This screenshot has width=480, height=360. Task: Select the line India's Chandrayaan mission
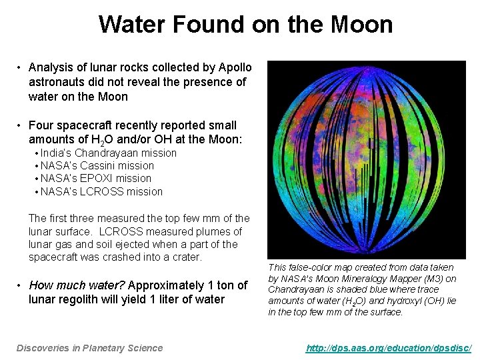(x=109, y=153)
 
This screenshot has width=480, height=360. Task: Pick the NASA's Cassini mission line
(x=97, y=165)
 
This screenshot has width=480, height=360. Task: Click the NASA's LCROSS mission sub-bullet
(x=101, y=191)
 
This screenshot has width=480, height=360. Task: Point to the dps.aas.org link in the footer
(x=389, y=347)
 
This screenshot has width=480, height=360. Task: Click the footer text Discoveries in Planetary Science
(x=89, y=347)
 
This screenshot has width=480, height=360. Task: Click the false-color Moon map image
(x=367, y=159)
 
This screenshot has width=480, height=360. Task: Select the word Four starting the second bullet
(x=41, y=125)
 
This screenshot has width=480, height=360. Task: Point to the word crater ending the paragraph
(x=187, y=257)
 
